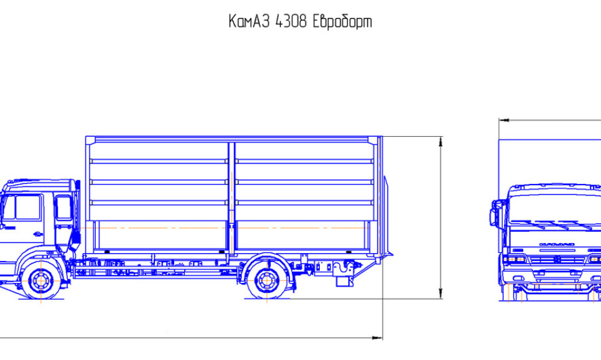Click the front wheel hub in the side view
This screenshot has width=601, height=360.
(41, 280)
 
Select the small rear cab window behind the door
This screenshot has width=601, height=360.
(63, 207)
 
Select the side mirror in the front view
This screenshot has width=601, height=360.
(494, 213)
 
